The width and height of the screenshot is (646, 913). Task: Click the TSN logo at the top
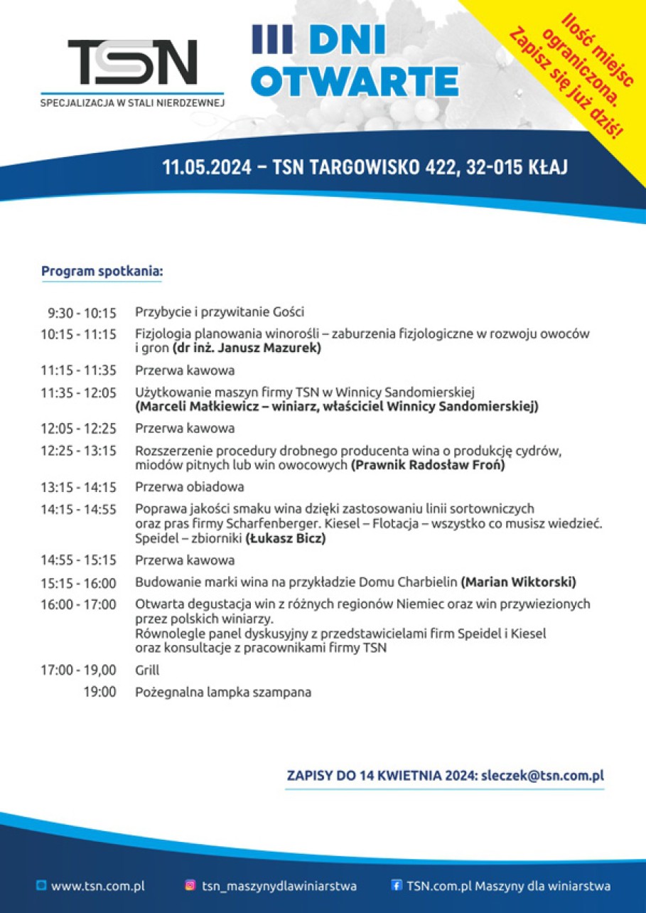point(132,63)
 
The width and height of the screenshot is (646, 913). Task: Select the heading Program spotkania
point(102,271)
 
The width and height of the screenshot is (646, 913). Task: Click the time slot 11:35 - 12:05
point(78,393)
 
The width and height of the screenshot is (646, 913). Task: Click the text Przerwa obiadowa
point(190,487)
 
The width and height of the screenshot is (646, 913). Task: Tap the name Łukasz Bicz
point(286,539)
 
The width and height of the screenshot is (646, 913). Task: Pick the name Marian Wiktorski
point(518,583)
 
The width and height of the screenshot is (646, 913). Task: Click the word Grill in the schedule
point(147,670)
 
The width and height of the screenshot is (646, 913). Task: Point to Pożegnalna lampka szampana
point(223,692)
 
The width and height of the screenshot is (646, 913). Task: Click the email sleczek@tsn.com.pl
point(542,776)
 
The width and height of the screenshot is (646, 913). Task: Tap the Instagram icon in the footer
point(190,885)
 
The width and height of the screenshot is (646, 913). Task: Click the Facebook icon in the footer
point(397,885)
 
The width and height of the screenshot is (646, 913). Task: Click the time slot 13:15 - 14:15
point(78,487)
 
